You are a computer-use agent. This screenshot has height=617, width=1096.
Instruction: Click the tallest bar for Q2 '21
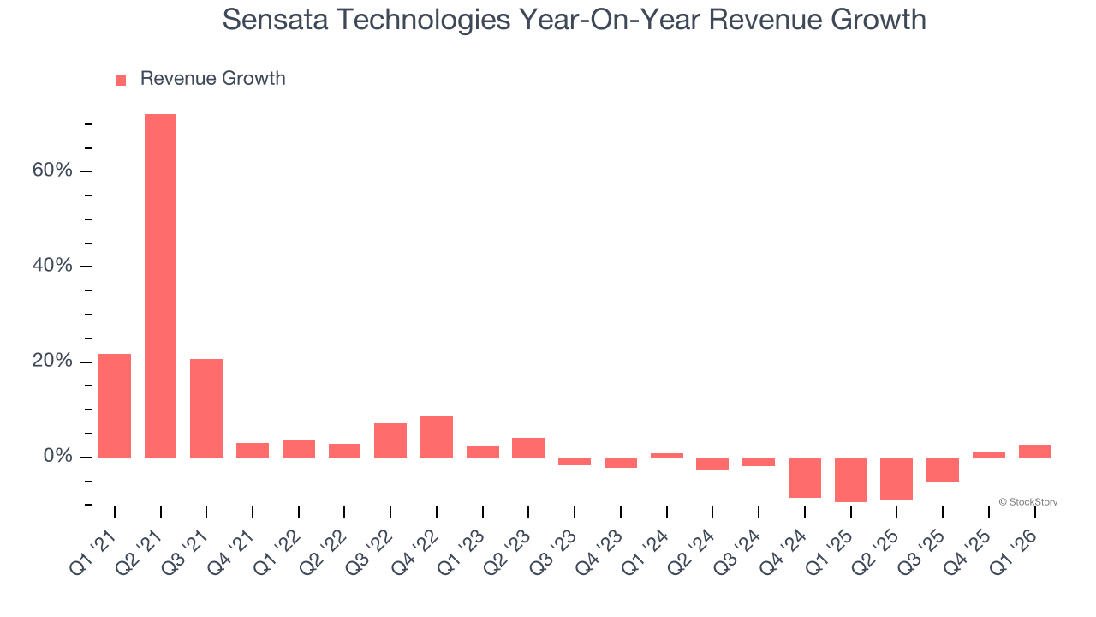point(160,285)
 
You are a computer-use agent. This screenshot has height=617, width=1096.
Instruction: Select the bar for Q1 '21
point(115,405)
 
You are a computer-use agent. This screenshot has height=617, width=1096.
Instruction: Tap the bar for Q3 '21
point(206,408)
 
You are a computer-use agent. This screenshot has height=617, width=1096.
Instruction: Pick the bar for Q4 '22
point(437,437)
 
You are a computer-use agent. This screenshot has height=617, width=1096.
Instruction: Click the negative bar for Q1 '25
point(851,479)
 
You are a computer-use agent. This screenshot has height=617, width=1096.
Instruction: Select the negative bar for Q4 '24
point(805,477)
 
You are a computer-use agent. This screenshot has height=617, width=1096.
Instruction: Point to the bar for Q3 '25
point(943,470)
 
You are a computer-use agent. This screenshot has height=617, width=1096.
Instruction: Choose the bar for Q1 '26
point(1034,451)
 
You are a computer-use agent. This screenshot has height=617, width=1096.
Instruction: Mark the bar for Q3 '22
point(390,440)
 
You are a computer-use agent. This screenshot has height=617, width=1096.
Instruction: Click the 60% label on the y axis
point(52,171)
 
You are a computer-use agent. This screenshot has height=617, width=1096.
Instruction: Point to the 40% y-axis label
point(52,266)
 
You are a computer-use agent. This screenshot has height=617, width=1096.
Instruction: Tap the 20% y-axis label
point(52,362)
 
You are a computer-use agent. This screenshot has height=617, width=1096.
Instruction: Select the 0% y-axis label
point(57,457)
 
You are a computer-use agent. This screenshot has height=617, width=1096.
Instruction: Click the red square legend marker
point(121,81)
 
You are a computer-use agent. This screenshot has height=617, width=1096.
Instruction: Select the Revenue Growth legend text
point(212,79)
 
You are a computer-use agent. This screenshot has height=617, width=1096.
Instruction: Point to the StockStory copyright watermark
point(1027,502)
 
